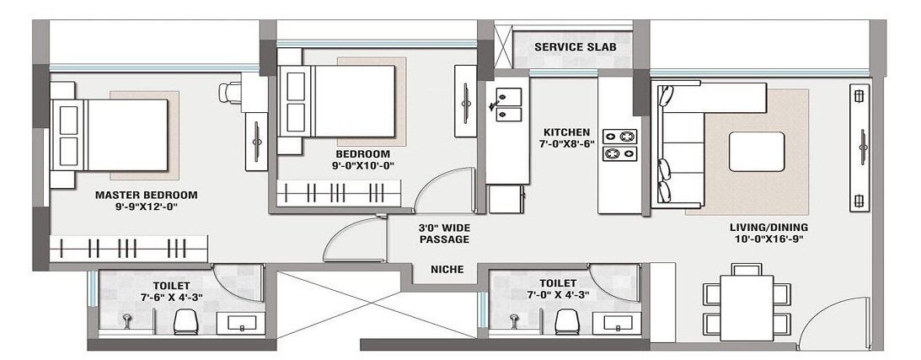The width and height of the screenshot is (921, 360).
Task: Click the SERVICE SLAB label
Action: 575,47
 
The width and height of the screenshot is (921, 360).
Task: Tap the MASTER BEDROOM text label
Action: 147,195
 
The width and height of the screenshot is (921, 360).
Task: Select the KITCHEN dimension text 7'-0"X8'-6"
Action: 566,144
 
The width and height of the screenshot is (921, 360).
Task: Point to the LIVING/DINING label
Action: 768,228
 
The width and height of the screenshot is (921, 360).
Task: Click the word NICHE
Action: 447,270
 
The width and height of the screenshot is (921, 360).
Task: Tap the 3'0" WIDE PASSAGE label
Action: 443,234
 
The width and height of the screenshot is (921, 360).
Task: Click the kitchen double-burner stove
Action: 619,145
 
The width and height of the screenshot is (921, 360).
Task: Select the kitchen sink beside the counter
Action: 509,105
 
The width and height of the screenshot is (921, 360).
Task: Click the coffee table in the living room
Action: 757,152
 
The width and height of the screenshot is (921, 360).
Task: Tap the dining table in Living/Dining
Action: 747,308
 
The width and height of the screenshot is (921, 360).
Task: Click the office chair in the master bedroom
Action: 230,92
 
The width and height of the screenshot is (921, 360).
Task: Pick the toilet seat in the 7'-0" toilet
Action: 567,321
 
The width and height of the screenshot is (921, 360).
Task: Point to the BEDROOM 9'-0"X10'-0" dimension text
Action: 362,165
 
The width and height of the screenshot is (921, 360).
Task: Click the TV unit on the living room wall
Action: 860,148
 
